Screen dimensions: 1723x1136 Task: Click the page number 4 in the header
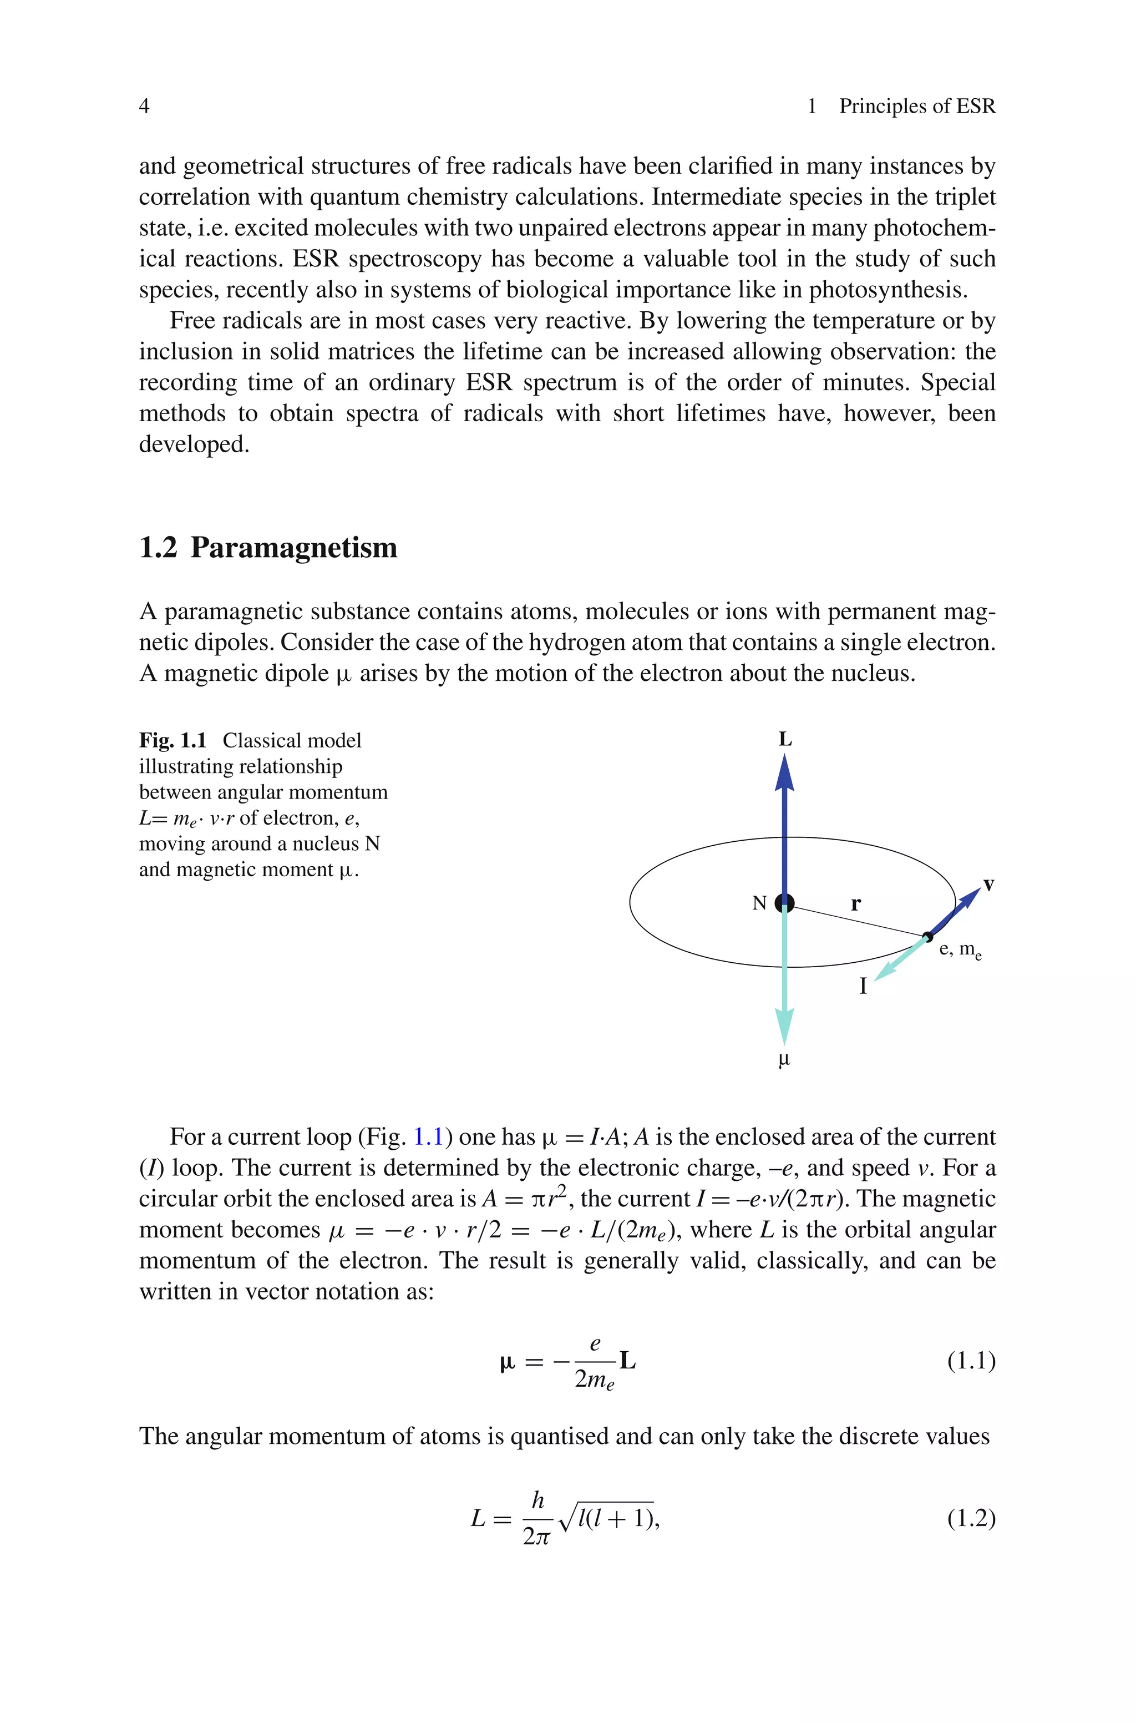(x=144, y=107)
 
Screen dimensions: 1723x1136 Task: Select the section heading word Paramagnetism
(x=293, y=548)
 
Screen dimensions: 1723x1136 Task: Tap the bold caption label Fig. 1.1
(x=173, y=740)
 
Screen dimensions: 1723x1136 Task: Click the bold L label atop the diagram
(x=785, y=740)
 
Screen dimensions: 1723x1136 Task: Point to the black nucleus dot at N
(x=785, y=903)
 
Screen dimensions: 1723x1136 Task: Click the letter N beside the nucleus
(x=759, y=903)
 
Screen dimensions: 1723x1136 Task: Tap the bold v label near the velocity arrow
(x=988, y=885)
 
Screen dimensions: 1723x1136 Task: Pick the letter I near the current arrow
(x=862, y=986)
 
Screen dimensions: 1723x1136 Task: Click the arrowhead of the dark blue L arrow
(x=785, y=772)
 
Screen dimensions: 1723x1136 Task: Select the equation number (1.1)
(x=971, y=1361)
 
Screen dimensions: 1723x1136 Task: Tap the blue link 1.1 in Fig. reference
(x=428, y=1137)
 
